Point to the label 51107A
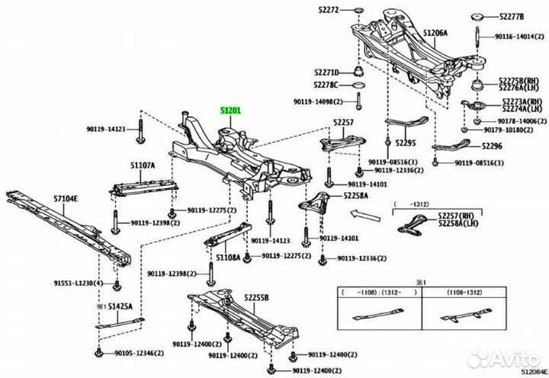[x=142, y=165]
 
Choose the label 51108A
[x=227, y=258]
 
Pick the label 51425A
[x=120, y=306]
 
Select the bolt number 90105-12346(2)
[x=140, y=354]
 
